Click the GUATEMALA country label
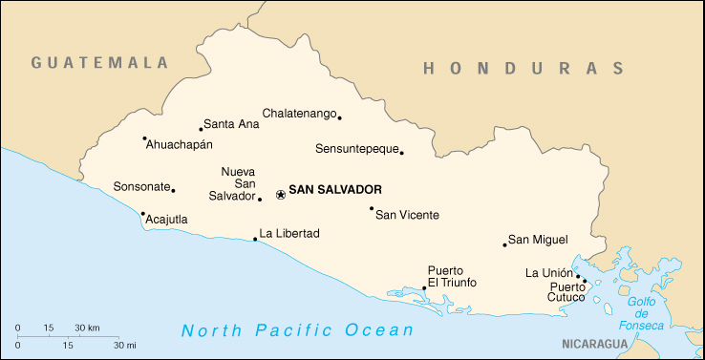pyautogui.click(x=99, y=63)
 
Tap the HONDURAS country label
pyautogui.click(x=523, y=68)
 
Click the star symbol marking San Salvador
pyautogui.click(x=280, y=195)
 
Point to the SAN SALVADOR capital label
pyautogui.click(x=335, y=190)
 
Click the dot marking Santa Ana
pyautogui.click(x=201, y=129)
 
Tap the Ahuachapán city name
pyautogui.click(x=179, y=145)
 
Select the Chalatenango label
pyautogui.click(x=299, y=114)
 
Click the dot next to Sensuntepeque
pyautogui.click(x=401, y=152)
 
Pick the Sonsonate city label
pyautogui.click(x=141, y=187)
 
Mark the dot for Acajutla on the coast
pyautogui.click(x=142, y=214)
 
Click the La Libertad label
pyautogui.click(x=289, y=233)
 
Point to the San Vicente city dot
pyautogui.click(x=372, y=208)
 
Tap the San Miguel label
pyautogui.click(x=538, y=240)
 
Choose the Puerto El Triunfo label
pyautogui.click(x=452, y=277)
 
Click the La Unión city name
pyautogui.click(x=548, y=273)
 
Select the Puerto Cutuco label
pyautogui.click(x=567, y=292)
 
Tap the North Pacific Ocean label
pyautogui.click(x=297, y=330)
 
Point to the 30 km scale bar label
pyautogui.click(x=87, y=328)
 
